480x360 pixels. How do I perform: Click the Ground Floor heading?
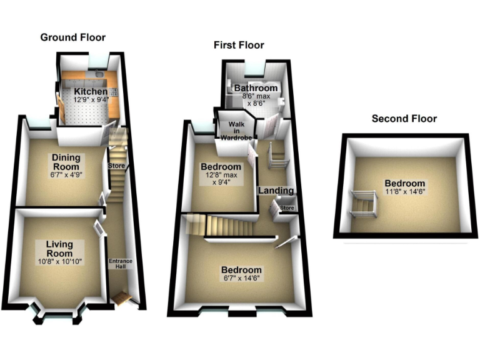pos(73,37)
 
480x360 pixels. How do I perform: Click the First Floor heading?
pos(239,45)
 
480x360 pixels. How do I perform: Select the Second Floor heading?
pos(404,118)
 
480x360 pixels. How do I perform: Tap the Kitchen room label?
pos(91,92)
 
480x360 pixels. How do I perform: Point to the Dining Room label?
pos(66,162)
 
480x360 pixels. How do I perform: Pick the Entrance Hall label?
pos(121,264)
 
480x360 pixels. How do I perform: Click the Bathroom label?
pos(255,89)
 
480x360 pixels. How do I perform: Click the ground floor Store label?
pos(117,166)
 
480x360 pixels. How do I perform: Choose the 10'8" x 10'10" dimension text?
pos(59,260)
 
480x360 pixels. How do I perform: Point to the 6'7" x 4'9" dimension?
pos(66,175)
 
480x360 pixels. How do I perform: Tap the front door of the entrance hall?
pos(122,300)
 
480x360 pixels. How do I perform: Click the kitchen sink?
pos(100,77)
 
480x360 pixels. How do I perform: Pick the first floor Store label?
pos(287,208)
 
